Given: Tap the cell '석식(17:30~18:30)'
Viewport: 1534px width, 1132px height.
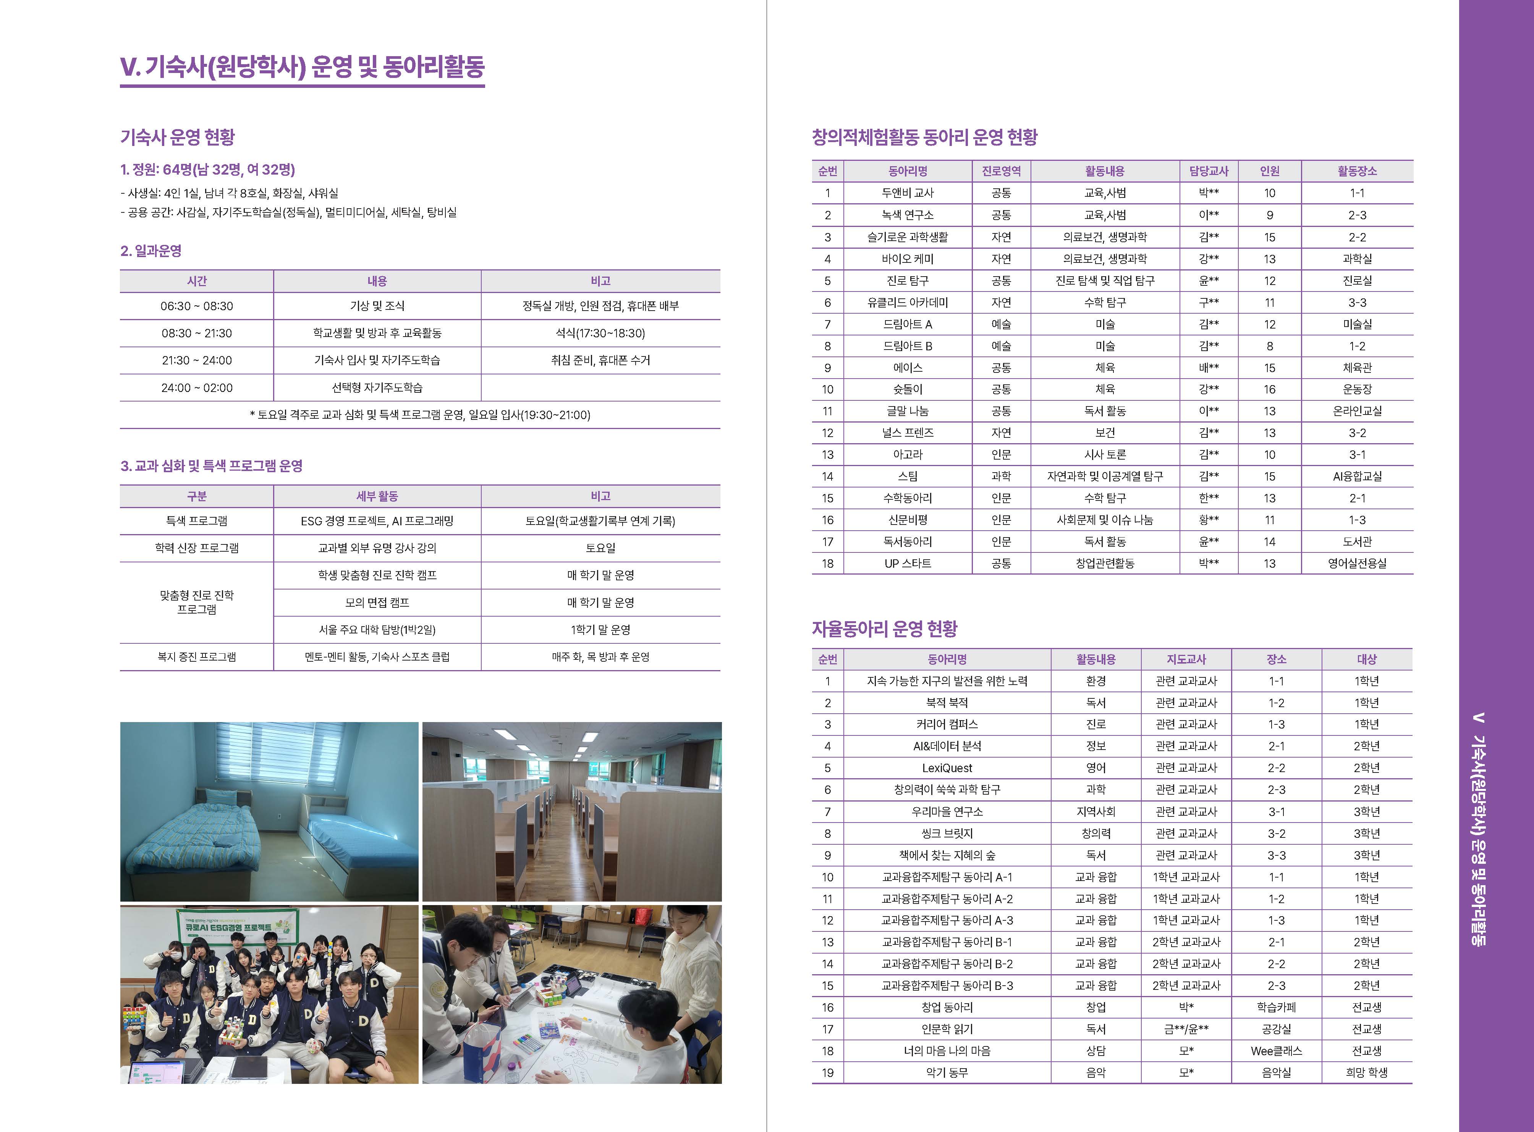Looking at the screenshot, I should [x=600, y=334].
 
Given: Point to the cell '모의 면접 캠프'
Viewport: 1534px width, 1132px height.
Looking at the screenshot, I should [x=377, y=603].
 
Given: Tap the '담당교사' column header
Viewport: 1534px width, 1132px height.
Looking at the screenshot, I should [x=1209, y=171].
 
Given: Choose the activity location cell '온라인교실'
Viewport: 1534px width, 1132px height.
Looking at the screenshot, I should [x=1356, y=411].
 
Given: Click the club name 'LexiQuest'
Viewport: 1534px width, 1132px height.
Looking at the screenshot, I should [x=947, y=768].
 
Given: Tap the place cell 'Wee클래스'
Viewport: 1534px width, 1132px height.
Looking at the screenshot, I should [x=1276, y=1051].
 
